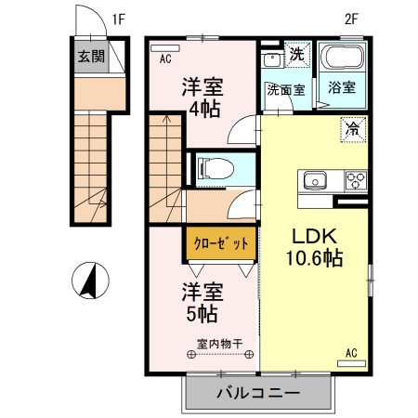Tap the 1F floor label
(x=119, y=18)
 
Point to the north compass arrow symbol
(x=91, y=281)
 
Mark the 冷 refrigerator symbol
(x=353, y=129)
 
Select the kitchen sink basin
(x=311, y=179)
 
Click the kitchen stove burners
(x=356, y=179)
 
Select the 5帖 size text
(x=202, y=310)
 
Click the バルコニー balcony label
(x=257, y=393)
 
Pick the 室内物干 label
(x=219, y=344)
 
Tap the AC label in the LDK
(x=352, y=353)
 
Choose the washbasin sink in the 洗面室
(x=272, y=59)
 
